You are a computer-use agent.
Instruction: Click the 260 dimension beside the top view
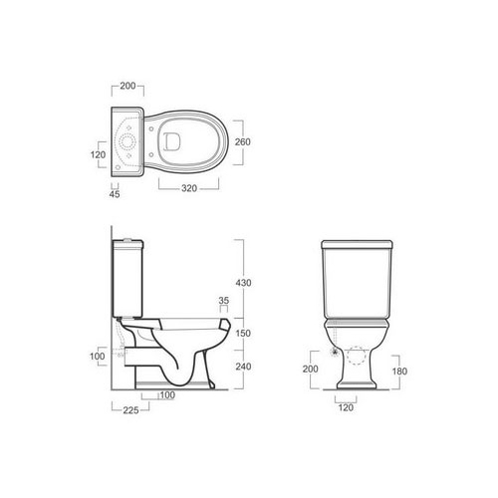point(243,141)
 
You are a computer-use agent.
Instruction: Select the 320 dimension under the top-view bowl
point(189,188)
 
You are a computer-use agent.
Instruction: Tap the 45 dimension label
point(115,194)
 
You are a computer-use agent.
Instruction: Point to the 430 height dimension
point(243,283)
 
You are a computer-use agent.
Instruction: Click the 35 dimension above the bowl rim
point(224,301)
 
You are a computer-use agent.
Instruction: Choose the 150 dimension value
point(243,333)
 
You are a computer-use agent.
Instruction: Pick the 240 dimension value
point(243,367)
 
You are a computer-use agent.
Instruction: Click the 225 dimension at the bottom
point(130,410)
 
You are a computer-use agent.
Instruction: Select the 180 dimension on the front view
point(399,372)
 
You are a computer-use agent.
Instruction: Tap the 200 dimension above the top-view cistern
point(127,86)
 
